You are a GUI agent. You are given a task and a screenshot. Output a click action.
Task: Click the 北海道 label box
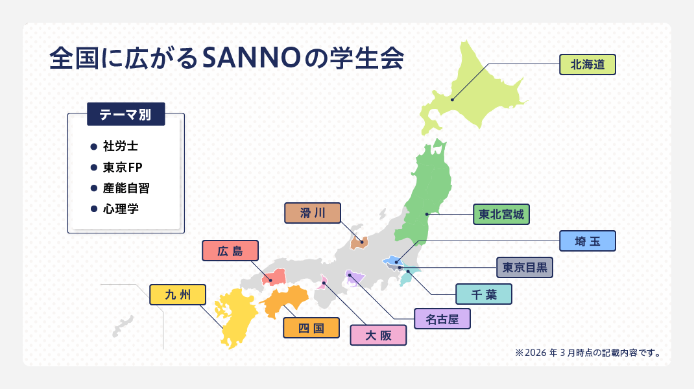587,64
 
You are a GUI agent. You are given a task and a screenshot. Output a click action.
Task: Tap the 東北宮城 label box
501,213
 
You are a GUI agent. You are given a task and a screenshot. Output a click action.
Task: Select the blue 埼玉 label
587,241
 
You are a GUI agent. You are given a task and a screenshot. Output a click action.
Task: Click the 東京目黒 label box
525,267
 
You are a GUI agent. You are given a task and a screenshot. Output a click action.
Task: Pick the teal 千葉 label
484,294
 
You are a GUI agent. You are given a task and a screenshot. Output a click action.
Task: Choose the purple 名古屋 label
442,318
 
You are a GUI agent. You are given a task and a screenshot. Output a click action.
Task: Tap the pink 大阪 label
378,335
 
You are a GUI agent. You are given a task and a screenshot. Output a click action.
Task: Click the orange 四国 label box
311,327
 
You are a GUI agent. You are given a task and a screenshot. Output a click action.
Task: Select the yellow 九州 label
178,294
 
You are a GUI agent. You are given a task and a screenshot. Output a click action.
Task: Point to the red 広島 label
230,251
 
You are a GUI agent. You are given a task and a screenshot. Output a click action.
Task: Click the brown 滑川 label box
313,213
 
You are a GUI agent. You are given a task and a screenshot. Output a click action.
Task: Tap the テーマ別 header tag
126,115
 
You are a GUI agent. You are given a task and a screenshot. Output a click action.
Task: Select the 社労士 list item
120,147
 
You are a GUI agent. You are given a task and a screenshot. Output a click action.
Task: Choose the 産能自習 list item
130,188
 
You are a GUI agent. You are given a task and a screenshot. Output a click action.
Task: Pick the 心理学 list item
121,209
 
